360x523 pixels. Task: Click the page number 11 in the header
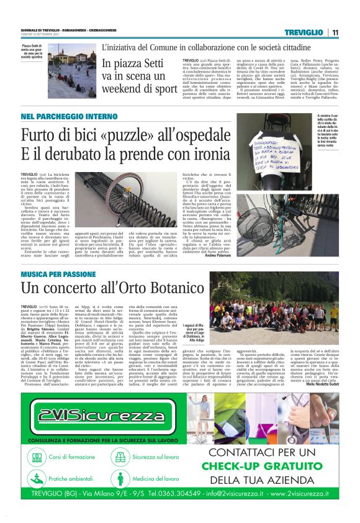[335, 32]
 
